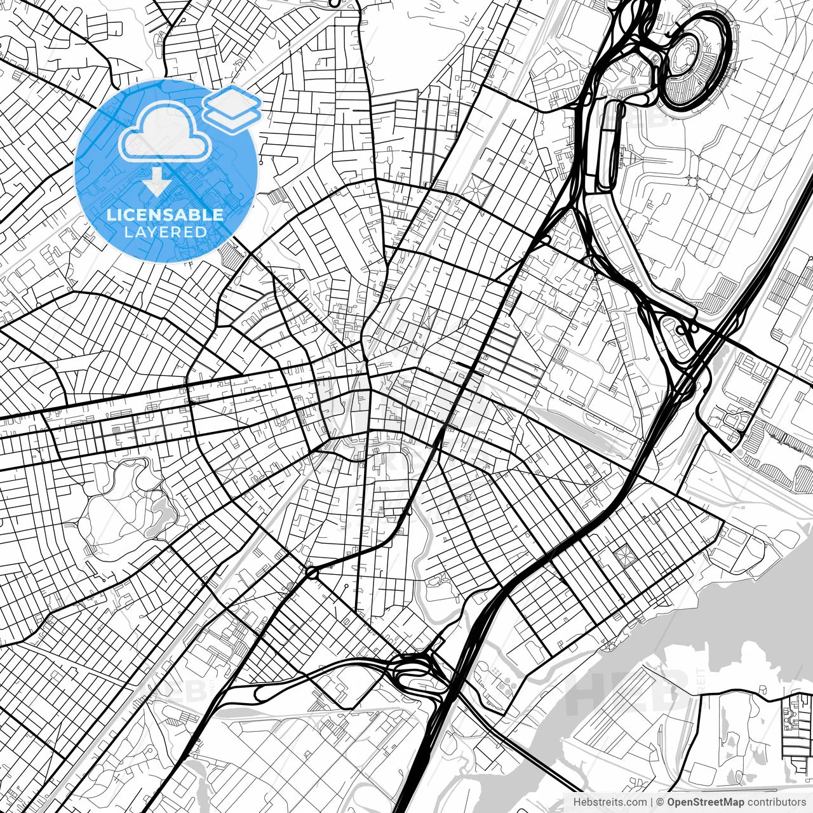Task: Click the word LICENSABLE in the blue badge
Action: (x=165, y=215)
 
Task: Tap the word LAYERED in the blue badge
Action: (x=165, y=232)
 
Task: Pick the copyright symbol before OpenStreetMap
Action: (x=660, y=802)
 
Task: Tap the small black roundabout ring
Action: (x=312, y=573)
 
